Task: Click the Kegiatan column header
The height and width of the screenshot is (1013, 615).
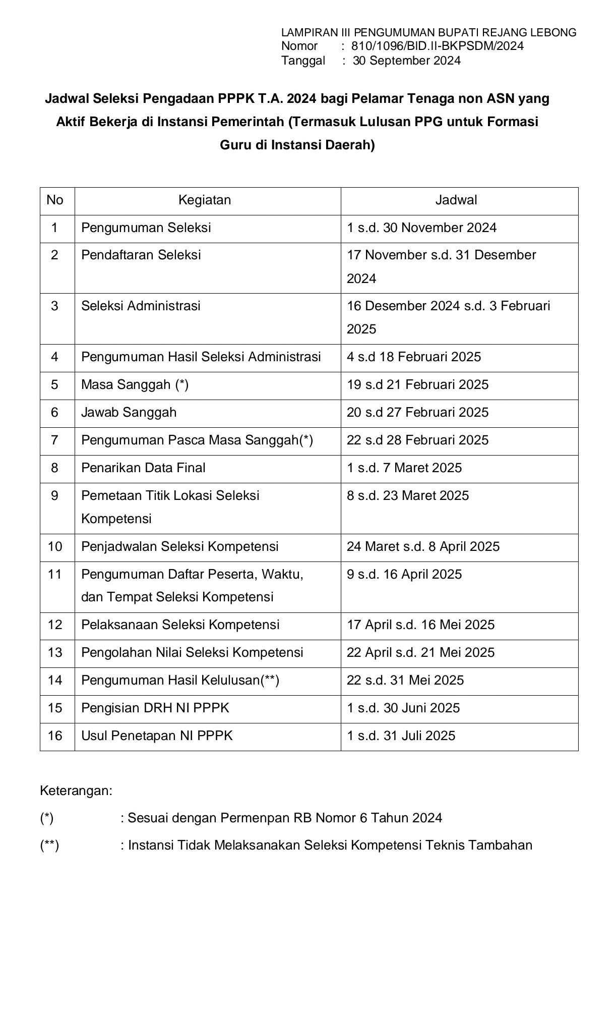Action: (205, 200)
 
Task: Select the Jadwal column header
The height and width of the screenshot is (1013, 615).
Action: (456, 200)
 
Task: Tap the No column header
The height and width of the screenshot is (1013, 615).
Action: (55, 200)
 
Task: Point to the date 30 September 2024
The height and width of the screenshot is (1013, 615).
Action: (406, 61)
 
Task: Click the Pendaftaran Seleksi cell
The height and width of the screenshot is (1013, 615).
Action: (141, 255)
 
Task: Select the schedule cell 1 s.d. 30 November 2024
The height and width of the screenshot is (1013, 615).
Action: (421, 228)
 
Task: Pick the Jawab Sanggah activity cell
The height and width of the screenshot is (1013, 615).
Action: (129, 413)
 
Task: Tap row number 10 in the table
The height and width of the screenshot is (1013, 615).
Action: (55, 547)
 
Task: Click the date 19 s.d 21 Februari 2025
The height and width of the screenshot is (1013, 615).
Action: (417, 385)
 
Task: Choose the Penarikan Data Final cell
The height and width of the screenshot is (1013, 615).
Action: (143, 468)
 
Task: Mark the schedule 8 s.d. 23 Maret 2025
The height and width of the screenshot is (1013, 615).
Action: (408, 496)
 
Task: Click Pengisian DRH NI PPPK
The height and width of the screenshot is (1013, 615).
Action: (155, 708)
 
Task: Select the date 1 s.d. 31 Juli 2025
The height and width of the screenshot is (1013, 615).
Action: (401, 736)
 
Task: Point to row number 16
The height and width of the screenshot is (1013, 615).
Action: (55, 736)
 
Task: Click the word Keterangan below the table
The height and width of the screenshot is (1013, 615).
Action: (76, 791)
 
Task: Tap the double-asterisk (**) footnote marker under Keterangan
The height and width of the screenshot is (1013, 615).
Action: (49, 846)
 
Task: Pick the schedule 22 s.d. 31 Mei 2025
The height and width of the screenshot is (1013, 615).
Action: (405, 681)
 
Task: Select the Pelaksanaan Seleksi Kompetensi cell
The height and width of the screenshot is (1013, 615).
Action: (180, 625)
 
